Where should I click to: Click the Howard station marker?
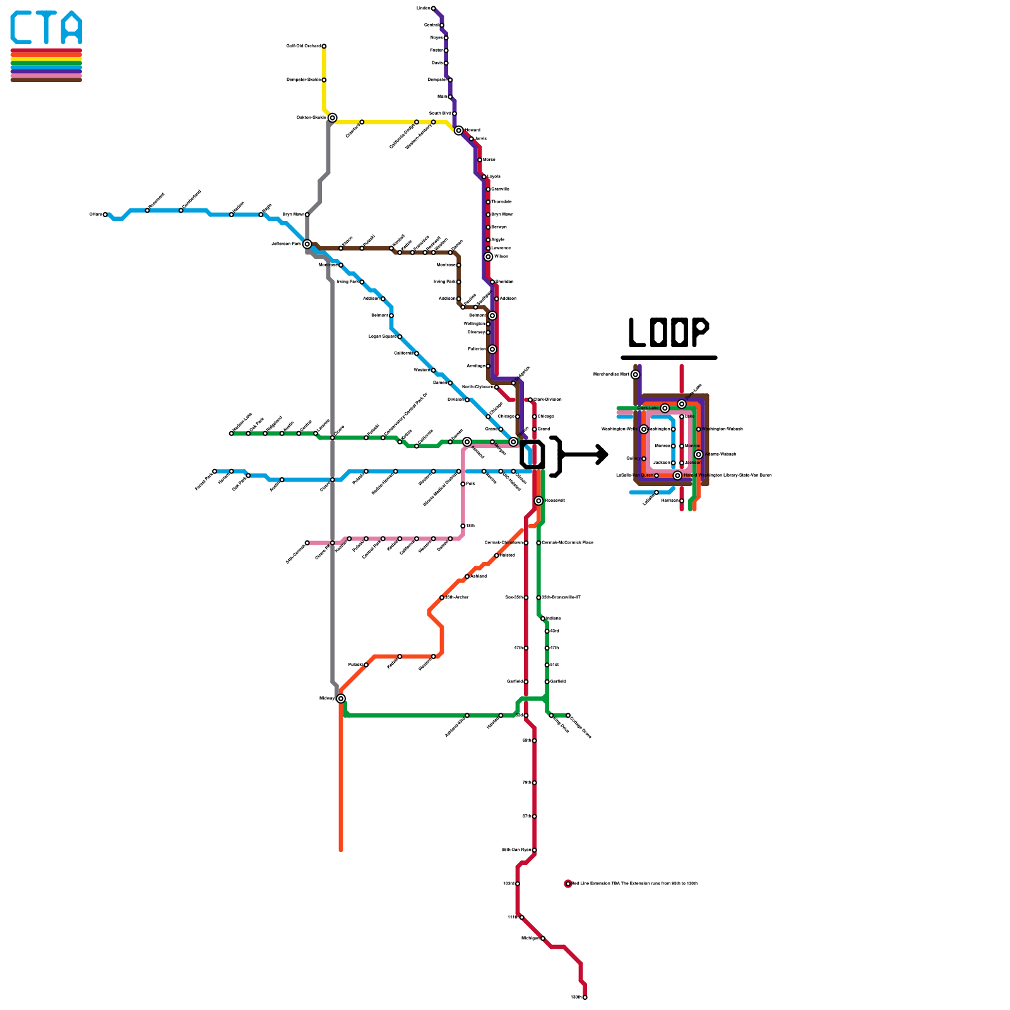pos(458,131)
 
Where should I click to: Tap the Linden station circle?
pos(433,8)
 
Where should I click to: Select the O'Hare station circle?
pos(105,215)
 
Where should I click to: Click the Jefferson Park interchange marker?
pos(307,244)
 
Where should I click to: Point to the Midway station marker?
pos(341,698)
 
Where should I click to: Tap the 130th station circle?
pos(585,997)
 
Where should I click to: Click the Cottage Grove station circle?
pos(568,715)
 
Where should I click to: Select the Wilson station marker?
pos(488,257)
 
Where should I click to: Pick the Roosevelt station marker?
pos(538,501)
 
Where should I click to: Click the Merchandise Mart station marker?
pos(635,374)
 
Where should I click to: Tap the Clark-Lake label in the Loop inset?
pos(648,408)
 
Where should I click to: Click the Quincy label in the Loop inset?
pos(633,458)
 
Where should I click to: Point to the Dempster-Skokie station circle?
pos(324,80)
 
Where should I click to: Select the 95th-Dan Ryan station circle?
pos(535,850)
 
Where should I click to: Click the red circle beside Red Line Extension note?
pos(568,884)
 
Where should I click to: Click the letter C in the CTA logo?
pos(22,28)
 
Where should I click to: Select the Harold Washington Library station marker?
pos(677,475)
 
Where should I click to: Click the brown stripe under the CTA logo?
pos(46,80)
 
